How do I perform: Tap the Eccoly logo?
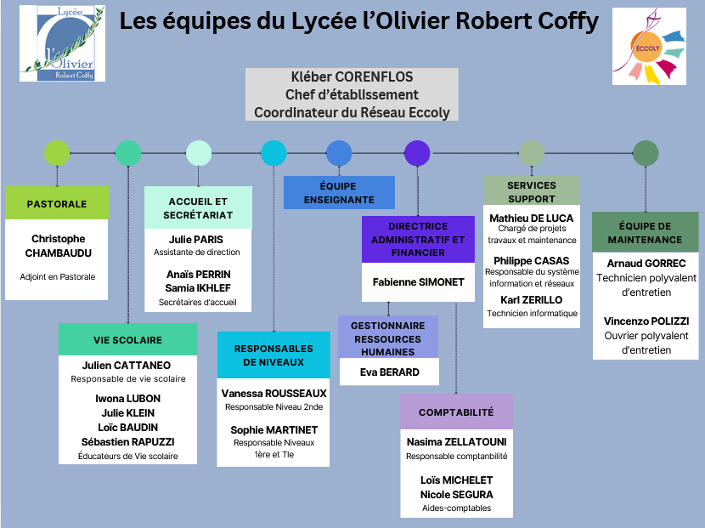649,48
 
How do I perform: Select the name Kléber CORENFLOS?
352,77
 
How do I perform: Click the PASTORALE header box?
57,204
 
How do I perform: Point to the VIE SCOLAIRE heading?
127,339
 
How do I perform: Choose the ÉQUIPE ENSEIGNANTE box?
339,193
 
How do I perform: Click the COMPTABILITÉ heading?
456,412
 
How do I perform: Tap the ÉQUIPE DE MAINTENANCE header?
645,233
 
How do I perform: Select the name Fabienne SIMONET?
417,281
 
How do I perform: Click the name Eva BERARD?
389,372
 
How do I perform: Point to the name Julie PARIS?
196,240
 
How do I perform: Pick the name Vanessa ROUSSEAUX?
274,394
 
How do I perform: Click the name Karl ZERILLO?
532,300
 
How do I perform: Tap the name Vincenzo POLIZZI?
646,321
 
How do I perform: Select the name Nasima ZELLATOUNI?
456,442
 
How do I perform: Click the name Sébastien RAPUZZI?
127,442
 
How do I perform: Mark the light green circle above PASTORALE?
57,153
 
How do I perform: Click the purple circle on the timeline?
417,153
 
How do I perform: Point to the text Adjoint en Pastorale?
57,276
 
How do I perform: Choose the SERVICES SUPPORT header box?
532,191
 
